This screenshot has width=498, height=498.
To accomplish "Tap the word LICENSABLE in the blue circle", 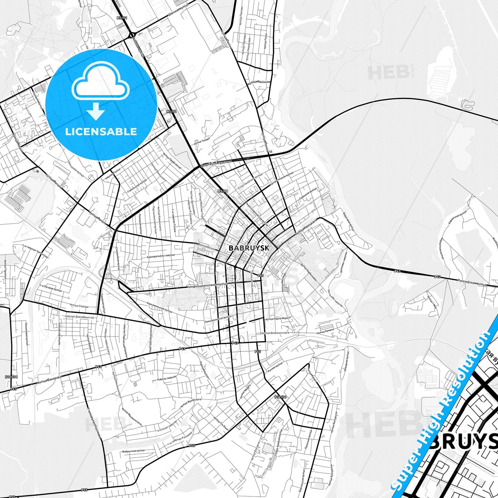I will (x=101, y=131).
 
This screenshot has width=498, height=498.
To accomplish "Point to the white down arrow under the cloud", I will (x=96, y=111).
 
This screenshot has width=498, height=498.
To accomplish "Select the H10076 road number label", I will (x=11, y=377).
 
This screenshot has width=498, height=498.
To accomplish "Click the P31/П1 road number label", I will (x=281, y=397).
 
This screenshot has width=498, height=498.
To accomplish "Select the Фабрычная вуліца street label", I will (x=133, y=451).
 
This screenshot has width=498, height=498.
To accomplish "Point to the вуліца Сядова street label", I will (x=79, y=306).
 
